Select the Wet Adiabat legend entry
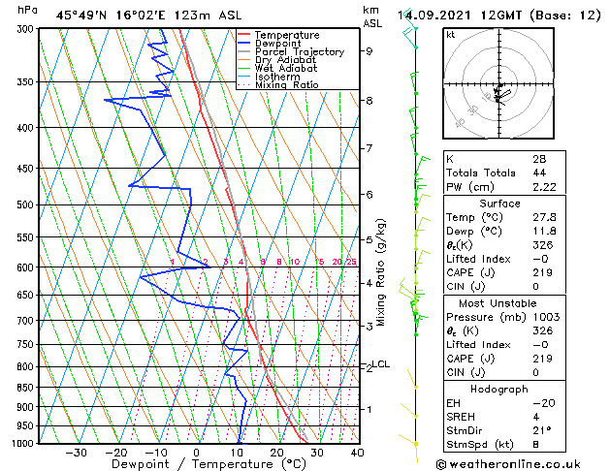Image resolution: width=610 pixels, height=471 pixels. pos(285,69)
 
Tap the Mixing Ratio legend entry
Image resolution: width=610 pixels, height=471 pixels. pos(287,85)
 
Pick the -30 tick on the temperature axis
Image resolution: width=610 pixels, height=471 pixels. pos(76,453)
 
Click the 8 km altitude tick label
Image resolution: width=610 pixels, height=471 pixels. pos(368,101)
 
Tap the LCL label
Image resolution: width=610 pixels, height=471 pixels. pos(381,364)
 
